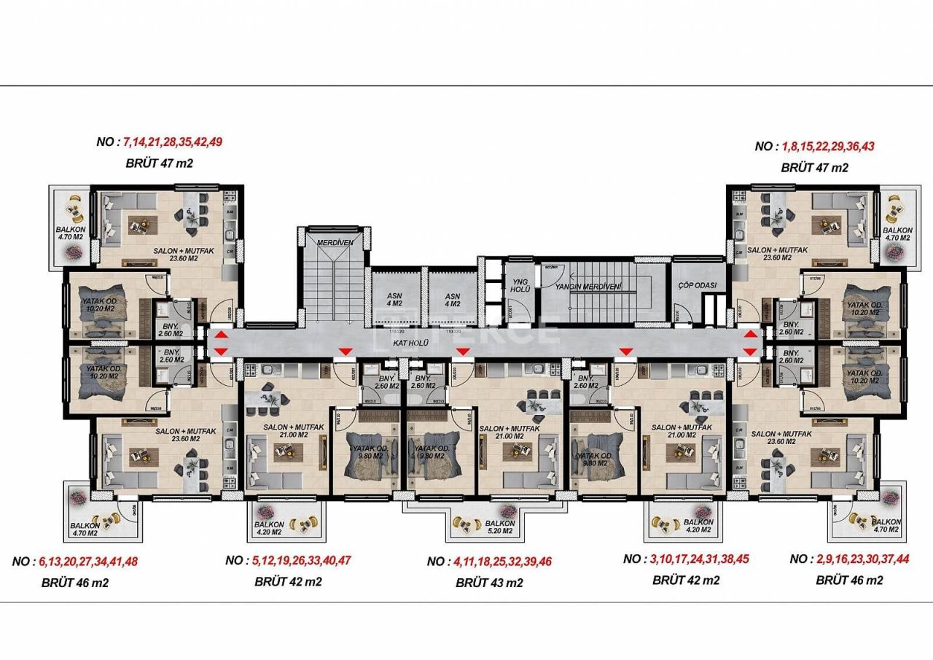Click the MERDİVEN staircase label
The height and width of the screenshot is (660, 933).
pos(335,241)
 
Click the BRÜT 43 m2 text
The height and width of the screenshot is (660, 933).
pos(489,583)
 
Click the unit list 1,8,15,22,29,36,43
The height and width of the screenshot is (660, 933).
pos(827,146)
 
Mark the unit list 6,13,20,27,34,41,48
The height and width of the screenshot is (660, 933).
pos(88,562)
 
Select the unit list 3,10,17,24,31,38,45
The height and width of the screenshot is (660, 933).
pos(699,559)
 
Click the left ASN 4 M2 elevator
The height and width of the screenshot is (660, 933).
pos(394,300)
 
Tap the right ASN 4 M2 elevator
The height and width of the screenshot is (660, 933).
pos(453,300)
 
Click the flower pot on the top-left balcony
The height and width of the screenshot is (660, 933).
pos(74,251)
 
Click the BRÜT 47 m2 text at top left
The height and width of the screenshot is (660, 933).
pos(160,163)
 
